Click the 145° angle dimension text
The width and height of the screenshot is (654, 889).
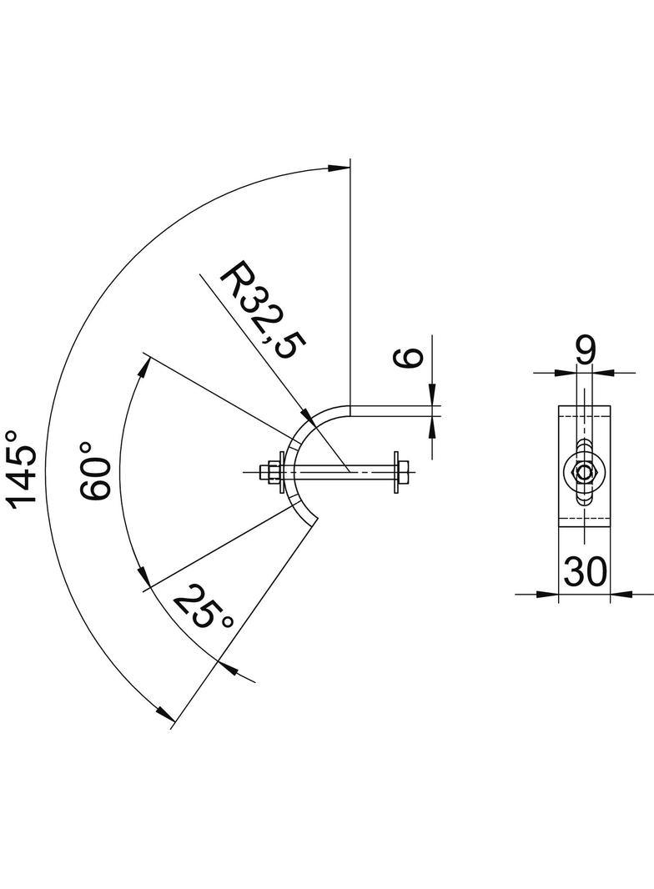pyautogui.click(x=23, y=468)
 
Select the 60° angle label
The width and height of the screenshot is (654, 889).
pyautogui.click(x=96, y=478)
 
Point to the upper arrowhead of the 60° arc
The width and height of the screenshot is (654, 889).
pyautogui.click(x=147, y=366)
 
